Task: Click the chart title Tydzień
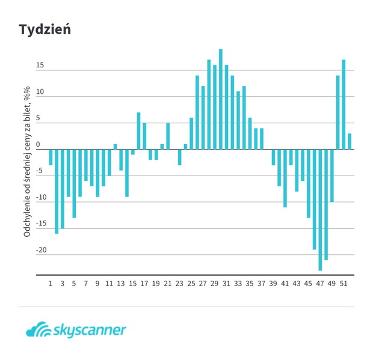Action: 45,30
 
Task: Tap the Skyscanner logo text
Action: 90,331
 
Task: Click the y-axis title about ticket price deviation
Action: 27,162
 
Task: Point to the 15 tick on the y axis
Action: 40,65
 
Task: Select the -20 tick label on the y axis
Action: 41,250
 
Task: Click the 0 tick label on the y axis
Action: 38,144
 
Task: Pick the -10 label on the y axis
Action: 41,197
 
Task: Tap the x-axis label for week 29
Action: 214,284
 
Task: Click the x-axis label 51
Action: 344,284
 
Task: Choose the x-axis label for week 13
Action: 120,284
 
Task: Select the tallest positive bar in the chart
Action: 221,99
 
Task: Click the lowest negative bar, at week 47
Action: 320,210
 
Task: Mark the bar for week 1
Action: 51,157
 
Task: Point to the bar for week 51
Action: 344,105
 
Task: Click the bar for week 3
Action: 63,189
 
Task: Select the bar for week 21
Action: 168,136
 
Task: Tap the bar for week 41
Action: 285,178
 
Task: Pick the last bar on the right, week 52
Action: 350,141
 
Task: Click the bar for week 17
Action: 144,136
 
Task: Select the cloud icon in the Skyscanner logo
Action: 39,329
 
